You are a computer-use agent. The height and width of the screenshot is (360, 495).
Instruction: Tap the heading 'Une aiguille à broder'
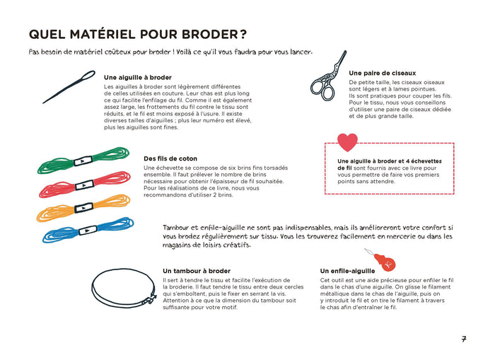(138, 77)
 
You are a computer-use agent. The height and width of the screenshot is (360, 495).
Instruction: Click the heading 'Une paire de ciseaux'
(382, 73)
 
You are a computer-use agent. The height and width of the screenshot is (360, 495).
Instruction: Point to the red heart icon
(348, 142)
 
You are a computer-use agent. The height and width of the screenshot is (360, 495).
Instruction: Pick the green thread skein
(83, 161)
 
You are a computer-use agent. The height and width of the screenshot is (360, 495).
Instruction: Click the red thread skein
(83, 185)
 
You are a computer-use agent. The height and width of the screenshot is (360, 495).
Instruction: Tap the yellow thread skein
(83, 207)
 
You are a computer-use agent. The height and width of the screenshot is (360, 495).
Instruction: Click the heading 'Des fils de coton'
(170, 158)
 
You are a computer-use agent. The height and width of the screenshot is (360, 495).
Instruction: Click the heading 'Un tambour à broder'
(197, 271)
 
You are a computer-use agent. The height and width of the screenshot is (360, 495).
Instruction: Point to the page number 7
(464, 339)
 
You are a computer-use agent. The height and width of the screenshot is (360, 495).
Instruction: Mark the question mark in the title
(242, 35)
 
